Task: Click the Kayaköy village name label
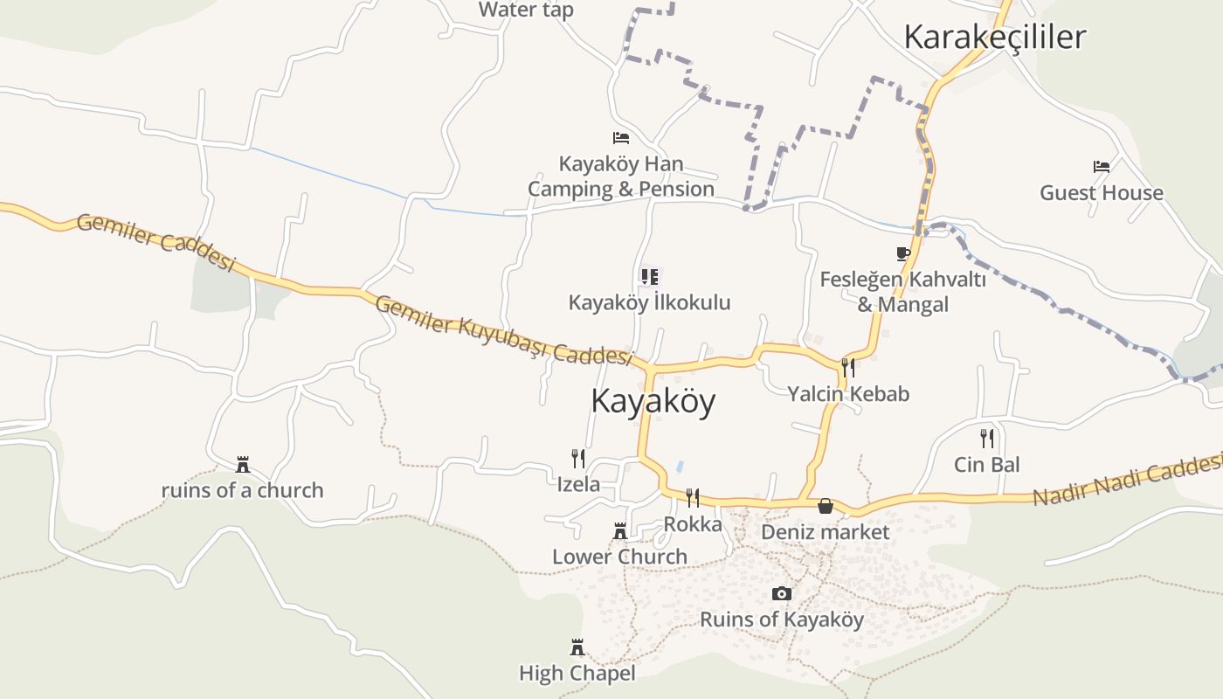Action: coord(653,401)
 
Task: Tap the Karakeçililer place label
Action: coord(994,37)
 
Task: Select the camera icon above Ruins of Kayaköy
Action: coord(782,594)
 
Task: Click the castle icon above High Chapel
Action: coord(577,647)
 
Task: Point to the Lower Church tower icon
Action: coord(619,530)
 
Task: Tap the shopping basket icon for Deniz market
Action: coord(825,506)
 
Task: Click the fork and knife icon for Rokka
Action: coord(693,498)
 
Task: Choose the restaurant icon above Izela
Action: coord(577,459)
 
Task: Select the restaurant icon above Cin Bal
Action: coord(987,438)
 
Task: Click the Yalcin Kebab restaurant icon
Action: coord(847,367)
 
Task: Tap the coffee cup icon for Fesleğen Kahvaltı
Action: coord(903,254)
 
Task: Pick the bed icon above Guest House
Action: coord(1102,166)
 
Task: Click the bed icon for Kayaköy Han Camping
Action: coord(621,138)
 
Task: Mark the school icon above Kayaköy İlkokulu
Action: coord(650,277)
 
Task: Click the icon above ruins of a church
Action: coord(243,464)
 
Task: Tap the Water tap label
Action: coord(526,10)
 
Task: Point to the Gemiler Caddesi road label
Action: coord(156,242)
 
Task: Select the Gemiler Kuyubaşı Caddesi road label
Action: coord(504,330)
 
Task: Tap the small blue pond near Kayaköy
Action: coord(680,467)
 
